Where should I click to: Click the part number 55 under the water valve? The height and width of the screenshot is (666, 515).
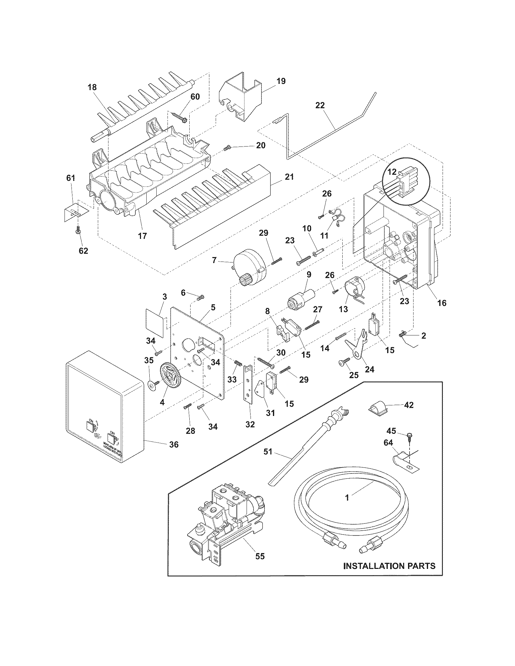point(260,556)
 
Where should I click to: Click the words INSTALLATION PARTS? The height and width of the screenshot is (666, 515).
point(389,566)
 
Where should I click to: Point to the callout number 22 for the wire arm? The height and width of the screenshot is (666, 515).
point(320,105)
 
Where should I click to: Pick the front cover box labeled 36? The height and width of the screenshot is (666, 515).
point(104,405)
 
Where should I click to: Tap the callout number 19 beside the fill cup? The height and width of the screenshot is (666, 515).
point(281,81)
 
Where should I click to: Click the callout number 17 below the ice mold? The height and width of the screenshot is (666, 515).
point(142,236)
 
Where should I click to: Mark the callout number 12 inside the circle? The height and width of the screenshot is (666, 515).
point(392,171)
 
